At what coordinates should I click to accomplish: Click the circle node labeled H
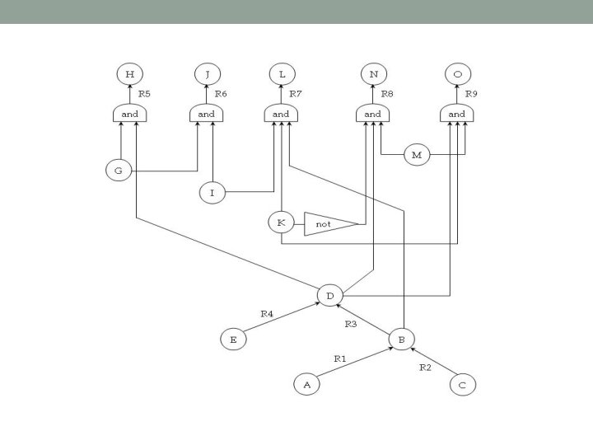tap(129, 75)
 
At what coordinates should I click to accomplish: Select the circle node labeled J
tap(207, 75)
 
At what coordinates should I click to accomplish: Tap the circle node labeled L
tap(282, 75)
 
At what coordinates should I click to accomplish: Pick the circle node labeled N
tap(373, 75)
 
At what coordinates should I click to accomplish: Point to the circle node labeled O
tap(457, 75)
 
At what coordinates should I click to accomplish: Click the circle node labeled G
tap(119, 171)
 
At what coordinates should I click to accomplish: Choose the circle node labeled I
tap(212, 193)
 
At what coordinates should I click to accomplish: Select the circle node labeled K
tap(281, 222)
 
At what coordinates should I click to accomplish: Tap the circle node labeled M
tap(418, 154)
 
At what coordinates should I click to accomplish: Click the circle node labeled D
tap(329, 294)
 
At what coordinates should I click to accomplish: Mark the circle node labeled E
tap(234, 339)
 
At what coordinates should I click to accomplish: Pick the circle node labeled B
tap(402, 338)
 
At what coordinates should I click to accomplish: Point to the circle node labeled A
tap(306, 383)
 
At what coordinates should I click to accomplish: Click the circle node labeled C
tap(462, 383)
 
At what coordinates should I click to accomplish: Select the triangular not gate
tap(327, 223)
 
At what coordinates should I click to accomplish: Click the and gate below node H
tap(129, 114)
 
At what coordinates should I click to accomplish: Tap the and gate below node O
tap(457, 114)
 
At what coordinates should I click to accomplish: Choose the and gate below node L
tap(282, 114)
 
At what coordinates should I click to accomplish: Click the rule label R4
tap(267, 314)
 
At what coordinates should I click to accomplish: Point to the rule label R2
tap(425, 368)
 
